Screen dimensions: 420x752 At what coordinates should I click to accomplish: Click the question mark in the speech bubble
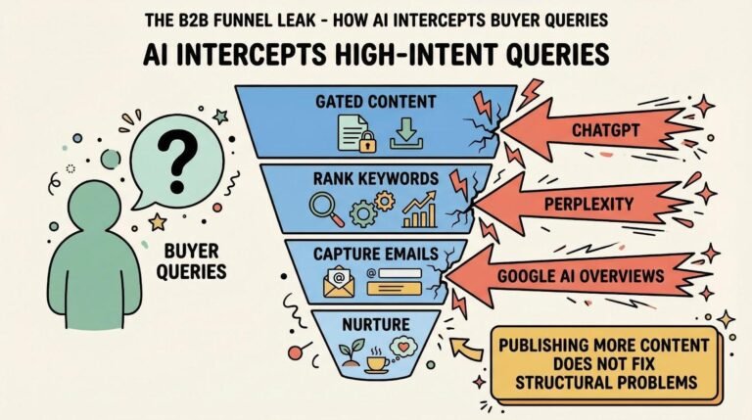(x=177, y=157)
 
